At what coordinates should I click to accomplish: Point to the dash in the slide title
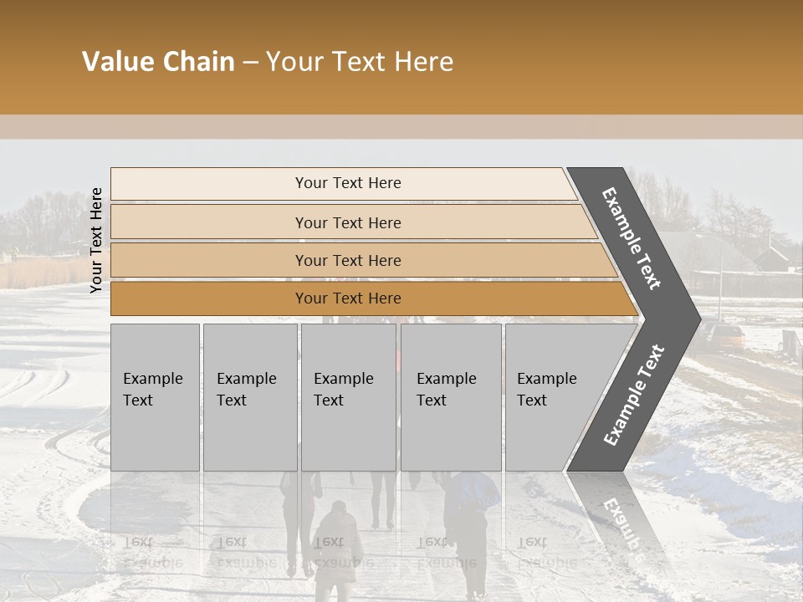(x=250, y=63)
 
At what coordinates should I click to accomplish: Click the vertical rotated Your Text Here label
(x=96, y=240)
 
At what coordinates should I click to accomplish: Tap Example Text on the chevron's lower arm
(x=634, y=395)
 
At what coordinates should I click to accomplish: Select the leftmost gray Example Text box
(x=155, y=397)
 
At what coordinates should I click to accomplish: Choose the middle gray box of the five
(x=348, y=397)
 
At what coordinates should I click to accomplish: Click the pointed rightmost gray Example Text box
(x=552, y=397)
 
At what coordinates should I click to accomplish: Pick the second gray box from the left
(x=249, y=397)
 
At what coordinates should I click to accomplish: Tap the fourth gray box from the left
(x=450, y=397)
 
